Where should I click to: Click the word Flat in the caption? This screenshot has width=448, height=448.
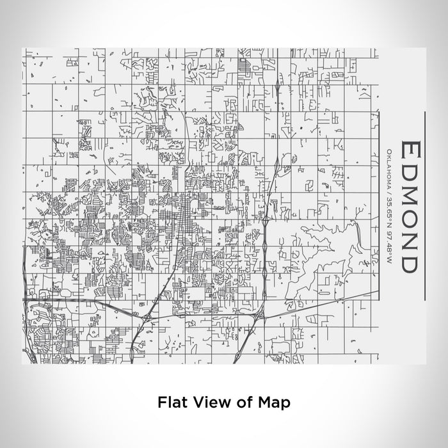click(x=171, y=403)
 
